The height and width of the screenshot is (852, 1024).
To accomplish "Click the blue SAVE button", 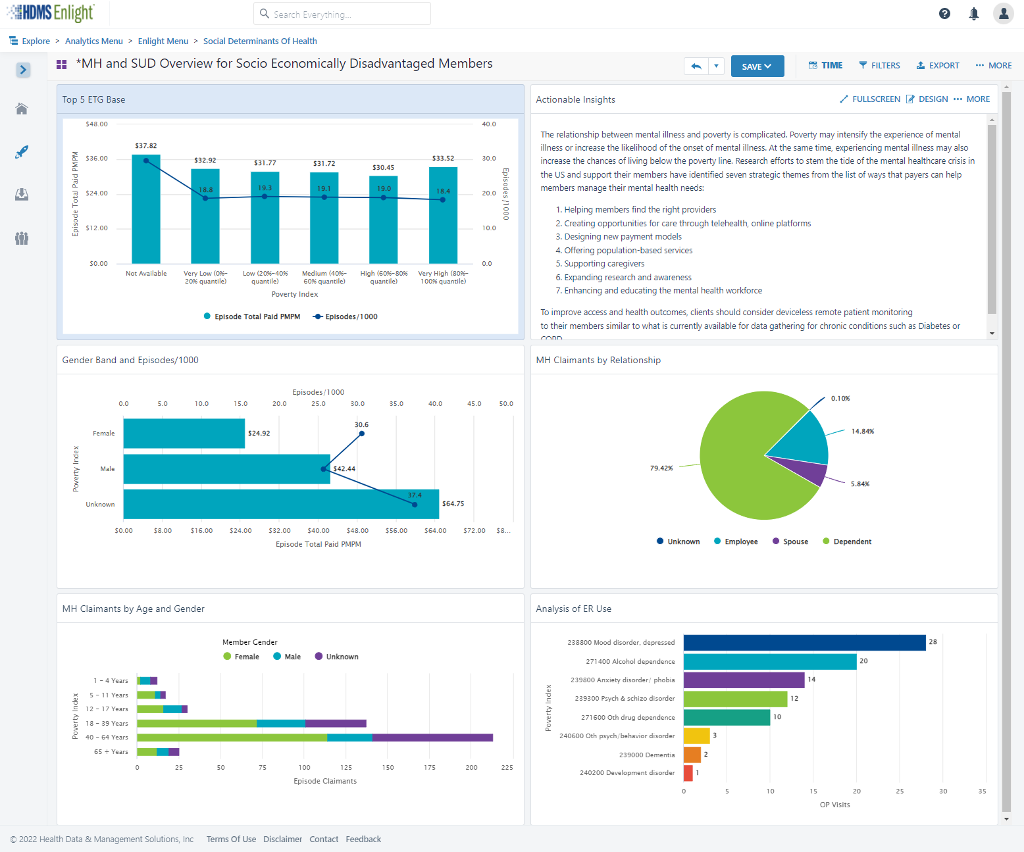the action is coord(757,66).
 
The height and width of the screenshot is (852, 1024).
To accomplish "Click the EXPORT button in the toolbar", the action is coord(938,66).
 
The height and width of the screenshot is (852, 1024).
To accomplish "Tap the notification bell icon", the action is coord(973,14).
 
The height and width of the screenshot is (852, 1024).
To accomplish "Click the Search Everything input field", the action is coord(342,14).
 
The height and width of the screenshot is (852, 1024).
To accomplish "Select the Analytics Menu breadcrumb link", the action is coord(93,41).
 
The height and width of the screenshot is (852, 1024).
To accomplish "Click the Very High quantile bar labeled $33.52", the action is coord(443,215).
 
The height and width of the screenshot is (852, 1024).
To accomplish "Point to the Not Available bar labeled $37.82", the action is coord(145,209).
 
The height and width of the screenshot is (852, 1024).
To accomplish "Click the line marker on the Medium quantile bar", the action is coord(324,197).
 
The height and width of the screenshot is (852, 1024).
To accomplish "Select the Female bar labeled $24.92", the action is coord(184,434).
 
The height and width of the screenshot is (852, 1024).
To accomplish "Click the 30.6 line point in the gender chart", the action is coord(361,434).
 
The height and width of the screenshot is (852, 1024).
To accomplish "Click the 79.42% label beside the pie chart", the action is coord(661,468).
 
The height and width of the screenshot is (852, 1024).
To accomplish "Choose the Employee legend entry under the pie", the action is coord(736,541).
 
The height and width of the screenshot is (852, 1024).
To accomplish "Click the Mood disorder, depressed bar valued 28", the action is coord(804,643).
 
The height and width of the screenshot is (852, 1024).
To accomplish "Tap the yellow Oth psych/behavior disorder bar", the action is coord(696,736).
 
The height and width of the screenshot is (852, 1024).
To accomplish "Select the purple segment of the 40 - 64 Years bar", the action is coord(432,738).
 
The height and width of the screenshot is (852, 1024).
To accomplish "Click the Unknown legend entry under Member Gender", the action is coord(336,657).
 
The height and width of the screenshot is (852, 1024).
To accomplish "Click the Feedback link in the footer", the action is coord(363,839).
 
